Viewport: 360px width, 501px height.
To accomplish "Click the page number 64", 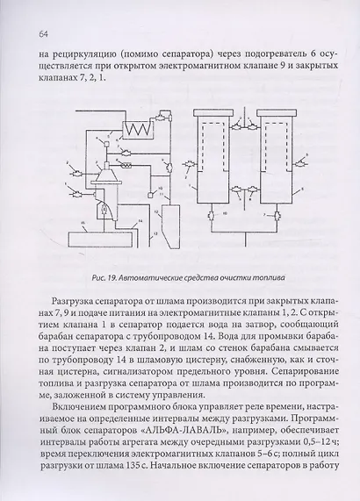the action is tap(44, 34).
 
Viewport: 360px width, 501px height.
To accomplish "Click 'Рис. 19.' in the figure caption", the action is tap(102, 280).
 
